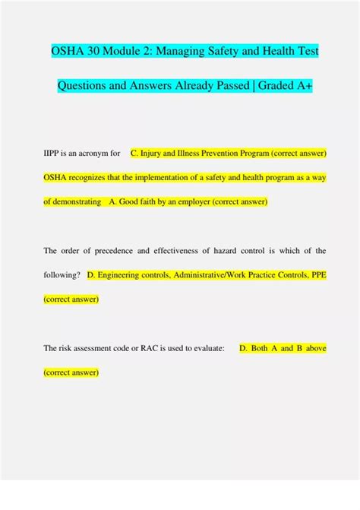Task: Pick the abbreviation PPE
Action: pos(317,275)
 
